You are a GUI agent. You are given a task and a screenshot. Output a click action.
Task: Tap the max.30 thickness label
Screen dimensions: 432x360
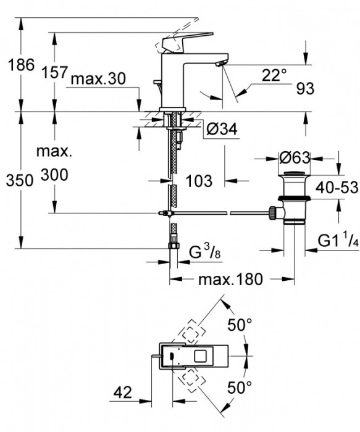point(98,79)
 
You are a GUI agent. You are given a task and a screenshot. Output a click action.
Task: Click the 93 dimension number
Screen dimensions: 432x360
point(305,89)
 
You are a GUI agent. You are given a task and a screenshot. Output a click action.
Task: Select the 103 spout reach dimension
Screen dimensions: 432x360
point(199,181)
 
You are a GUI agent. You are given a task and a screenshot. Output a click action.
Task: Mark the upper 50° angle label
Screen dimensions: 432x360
point(240,324)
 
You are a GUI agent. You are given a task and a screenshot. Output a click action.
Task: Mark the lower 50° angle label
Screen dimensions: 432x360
point(240,387)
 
